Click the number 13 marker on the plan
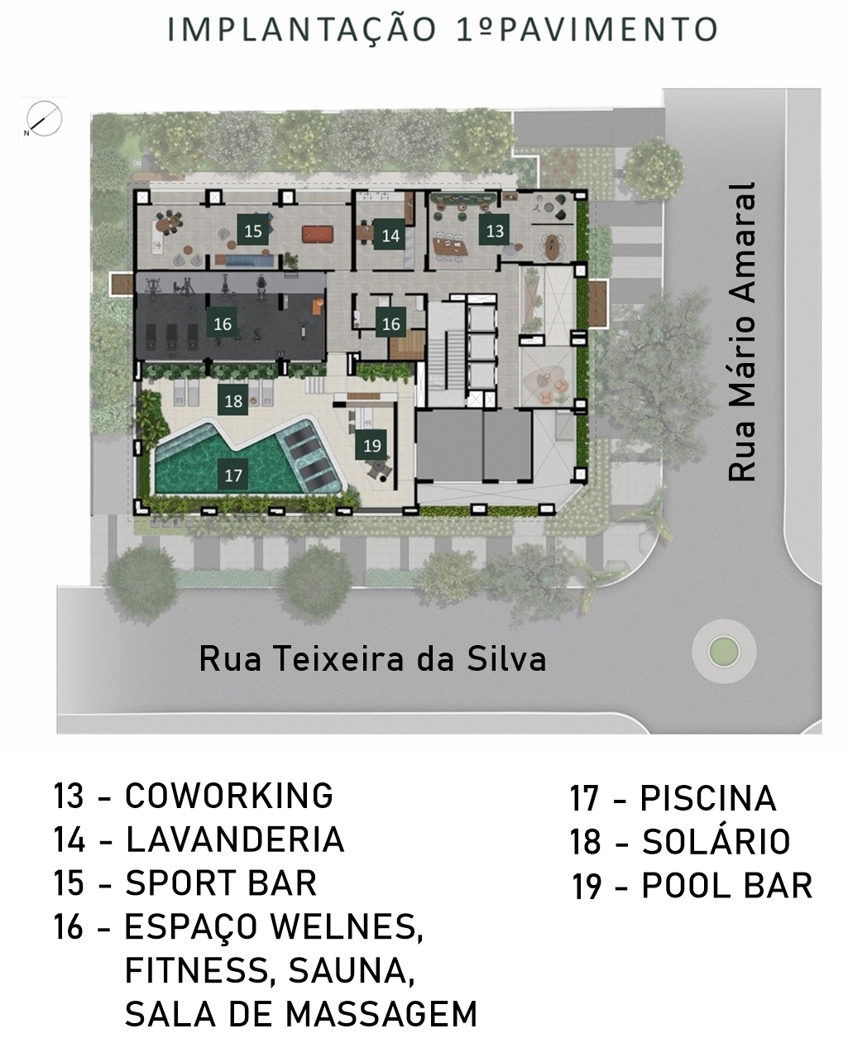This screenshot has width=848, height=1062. point(495,231)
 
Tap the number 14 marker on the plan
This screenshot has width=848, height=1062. point(390,235)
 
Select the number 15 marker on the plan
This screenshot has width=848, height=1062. point(252,231)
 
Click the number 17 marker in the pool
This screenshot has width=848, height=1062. point(233,475)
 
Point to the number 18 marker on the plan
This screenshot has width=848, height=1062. point(233,400)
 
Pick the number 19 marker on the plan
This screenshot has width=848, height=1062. point(371,445)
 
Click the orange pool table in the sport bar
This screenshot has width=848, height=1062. point(318,234)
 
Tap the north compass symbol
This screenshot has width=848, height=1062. point(44,118)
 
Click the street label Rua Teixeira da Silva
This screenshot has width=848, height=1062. point(372,659)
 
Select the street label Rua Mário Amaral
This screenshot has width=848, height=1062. point(742,332)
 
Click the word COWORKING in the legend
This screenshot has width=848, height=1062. point(229,795)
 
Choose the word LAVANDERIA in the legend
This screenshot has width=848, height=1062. point(235,839)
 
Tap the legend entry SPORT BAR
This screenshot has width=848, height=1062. point(221,883)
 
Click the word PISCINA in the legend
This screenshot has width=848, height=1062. point(708,797)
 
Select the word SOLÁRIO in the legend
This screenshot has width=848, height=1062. point(716,840)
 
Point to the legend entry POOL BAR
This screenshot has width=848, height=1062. point(727,885)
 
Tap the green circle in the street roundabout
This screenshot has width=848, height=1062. point(724,652)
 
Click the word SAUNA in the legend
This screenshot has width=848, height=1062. point(351,970)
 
